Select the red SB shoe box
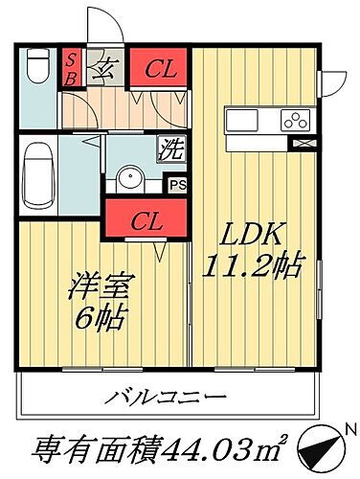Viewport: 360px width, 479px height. pyautogui.click(x=71, y=68)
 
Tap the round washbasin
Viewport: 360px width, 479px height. pyautogui.click(x=130, y=179)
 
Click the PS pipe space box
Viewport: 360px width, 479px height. pyautogui.click(x=176, y=186)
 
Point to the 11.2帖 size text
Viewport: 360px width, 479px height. pyautogui.click(x=251, y=265)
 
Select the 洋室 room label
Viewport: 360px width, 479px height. pyautogui.click(x=98, y=285)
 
